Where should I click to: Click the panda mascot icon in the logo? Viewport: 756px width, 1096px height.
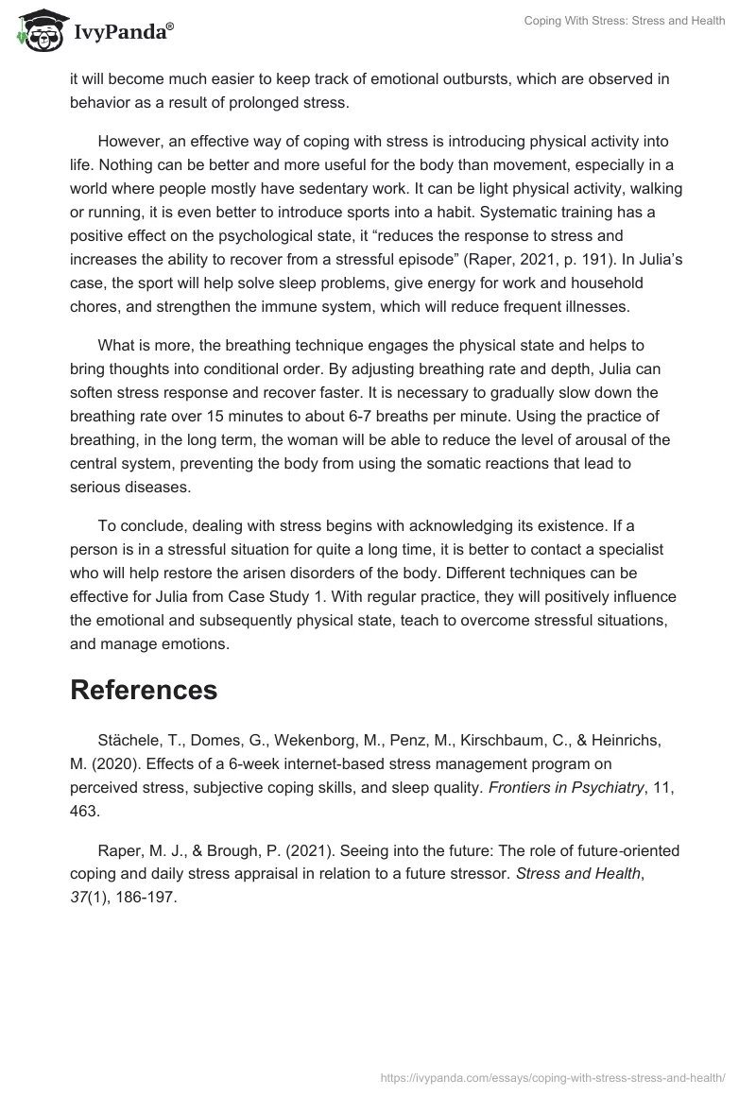click(x=37, y=31)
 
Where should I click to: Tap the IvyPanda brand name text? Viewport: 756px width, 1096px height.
click(x=123, y=33)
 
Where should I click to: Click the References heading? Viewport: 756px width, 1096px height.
click(x=144, y=690)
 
